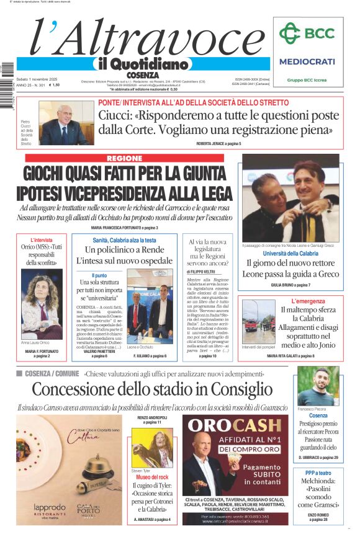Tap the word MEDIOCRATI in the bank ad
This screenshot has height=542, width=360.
tap(307, 61)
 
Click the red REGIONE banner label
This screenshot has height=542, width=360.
tap(124, 158)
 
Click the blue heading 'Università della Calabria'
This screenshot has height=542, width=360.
tap(290, 253)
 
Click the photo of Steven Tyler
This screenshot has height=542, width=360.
tap(152, 447)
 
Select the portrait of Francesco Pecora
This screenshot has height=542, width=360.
tap(318, 386)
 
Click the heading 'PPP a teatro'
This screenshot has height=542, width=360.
tap(318, 473)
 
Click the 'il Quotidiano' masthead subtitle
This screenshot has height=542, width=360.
tap(142, 64)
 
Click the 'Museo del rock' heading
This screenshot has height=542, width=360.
tap(153, 477)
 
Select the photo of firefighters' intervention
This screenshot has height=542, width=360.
tap(258, 314)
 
